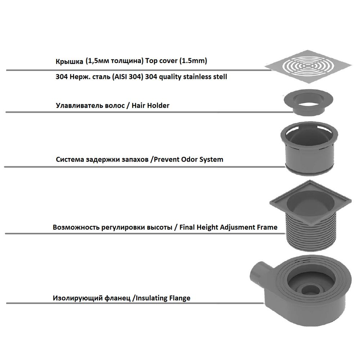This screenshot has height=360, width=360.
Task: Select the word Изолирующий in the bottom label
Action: coord(75,298)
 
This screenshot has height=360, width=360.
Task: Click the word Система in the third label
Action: coord(69,159)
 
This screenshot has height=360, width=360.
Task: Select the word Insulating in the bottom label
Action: coord(151,298)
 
